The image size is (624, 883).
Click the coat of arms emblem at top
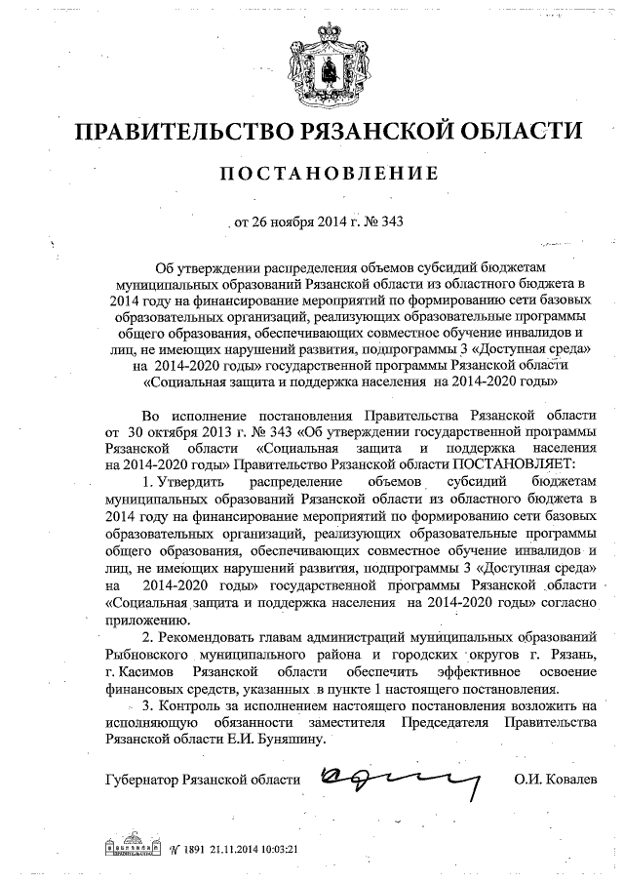[313, 60]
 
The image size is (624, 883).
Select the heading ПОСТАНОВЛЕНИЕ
[313, 176]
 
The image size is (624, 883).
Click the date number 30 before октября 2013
[135, 430]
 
